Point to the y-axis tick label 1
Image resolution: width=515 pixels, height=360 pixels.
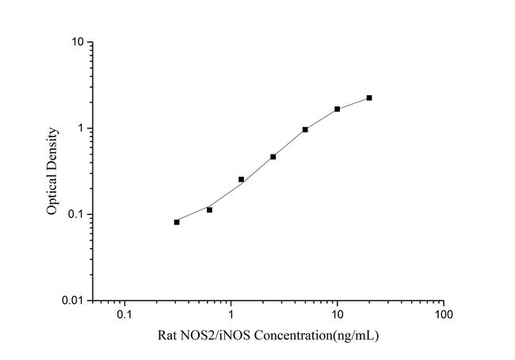(82, 128)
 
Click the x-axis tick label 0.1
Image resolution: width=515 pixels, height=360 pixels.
(124, 316)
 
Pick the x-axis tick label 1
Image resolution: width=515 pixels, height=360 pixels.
(231, 316)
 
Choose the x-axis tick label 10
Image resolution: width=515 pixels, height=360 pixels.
(337, 316)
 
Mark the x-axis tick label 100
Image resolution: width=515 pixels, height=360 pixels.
(444, 316)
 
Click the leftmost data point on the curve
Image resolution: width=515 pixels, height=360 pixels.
(177, 222)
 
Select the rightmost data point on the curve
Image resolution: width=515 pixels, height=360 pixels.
(369, 98)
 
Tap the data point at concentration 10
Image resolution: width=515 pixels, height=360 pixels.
(338, 109)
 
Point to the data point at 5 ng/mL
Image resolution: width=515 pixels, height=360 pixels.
(305, 129)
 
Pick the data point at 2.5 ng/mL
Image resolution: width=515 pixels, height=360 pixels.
(273, 156)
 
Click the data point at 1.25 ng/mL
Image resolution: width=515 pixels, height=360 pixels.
(241, 179)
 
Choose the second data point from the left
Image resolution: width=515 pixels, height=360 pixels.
(209, 209)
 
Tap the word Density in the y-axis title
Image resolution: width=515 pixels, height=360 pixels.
(52, 147)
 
